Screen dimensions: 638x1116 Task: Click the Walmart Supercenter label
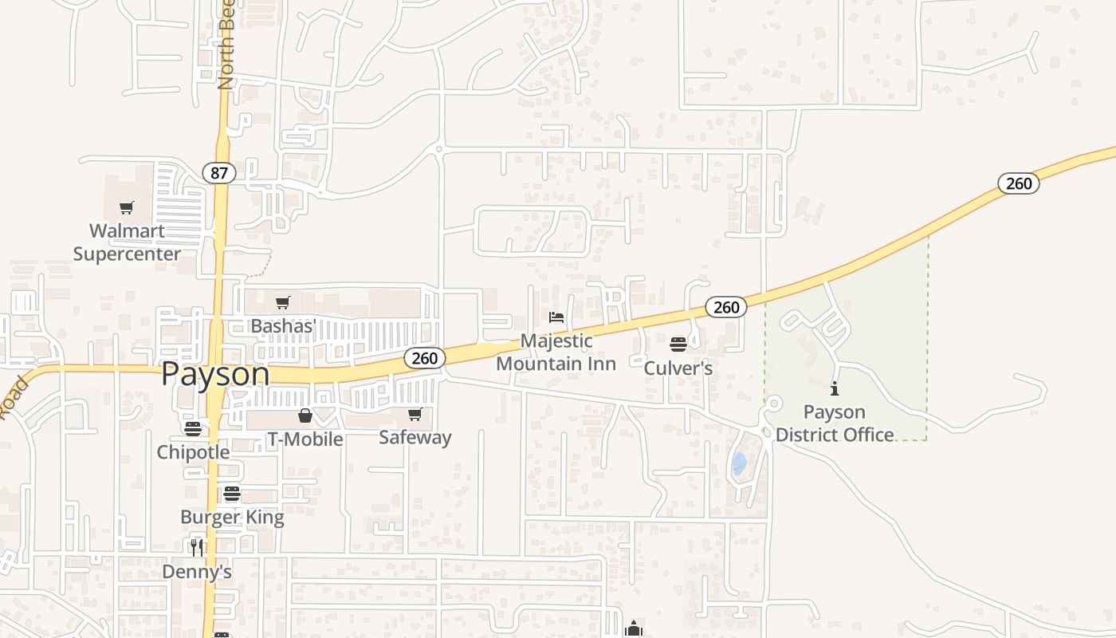click(127, 242)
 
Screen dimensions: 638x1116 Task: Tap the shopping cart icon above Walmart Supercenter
click(126, 208)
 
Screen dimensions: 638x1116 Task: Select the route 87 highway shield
click(218, 172)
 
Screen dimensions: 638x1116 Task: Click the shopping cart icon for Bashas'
click(282, 302)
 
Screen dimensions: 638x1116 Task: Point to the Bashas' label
click(284, 325)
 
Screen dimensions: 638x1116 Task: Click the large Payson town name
click(215, 374)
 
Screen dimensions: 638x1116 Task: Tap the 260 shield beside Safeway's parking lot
click(424, 358)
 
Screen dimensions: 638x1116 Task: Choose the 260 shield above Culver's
click(725, 307)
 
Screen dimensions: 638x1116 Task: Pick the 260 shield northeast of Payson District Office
click(1018, 183)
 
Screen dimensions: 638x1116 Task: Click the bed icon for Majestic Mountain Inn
click(556, 317)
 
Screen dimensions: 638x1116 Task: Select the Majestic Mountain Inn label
click(556, 352)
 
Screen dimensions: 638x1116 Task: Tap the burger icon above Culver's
click(678, 345)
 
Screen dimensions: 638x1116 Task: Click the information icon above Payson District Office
click(835, 388)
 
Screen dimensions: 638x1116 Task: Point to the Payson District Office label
click(835, 423)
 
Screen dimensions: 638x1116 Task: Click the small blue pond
click(739, 463)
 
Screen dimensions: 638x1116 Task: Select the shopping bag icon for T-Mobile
click(305, 415)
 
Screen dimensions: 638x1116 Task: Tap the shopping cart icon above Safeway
click(415, 414)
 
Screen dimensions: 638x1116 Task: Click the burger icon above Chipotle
click(193, 428)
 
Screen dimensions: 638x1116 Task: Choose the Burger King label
click(232, 517)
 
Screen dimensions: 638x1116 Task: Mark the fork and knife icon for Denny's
click(197, 547)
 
